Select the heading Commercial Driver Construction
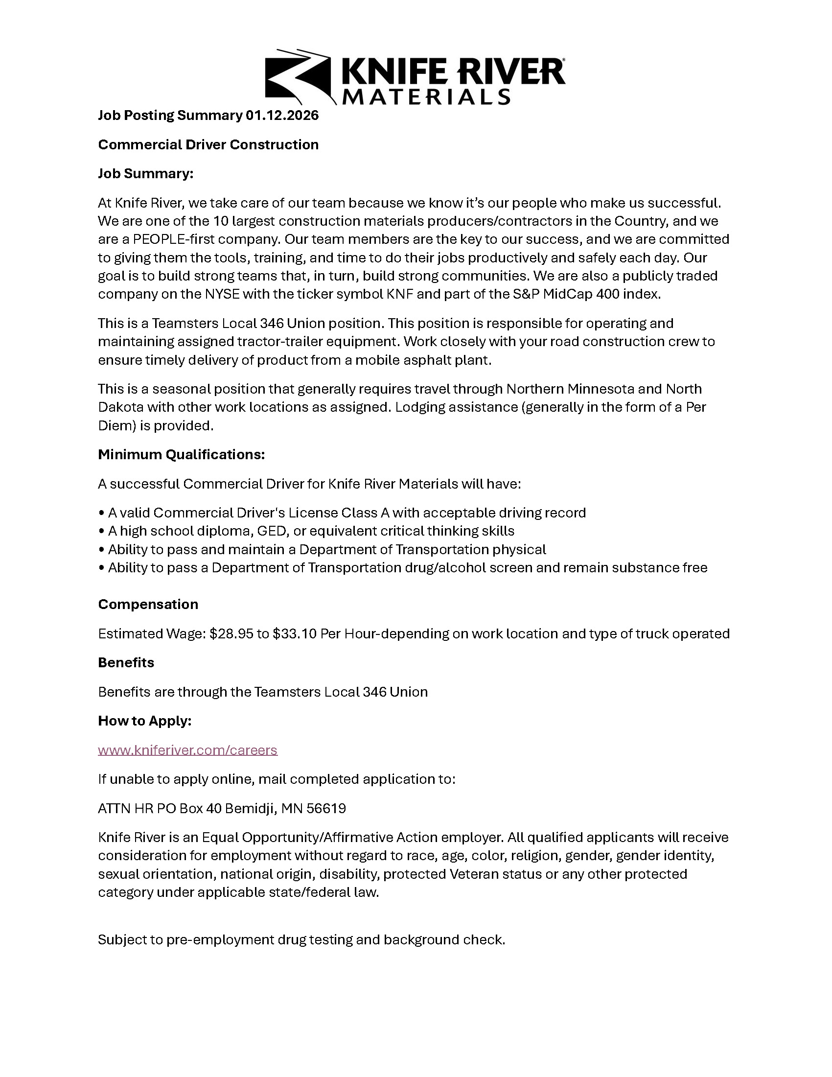[208, 144]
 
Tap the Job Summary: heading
[145, 174]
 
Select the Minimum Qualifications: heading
[182, 454]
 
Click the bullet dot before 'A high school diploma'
[101, 532]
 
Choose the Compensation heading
[148, 605]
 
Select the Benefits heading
[126, 663]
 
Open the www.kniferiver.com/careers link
[187, 750]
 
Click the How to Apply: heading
[144, 721]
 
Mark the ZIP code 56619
[326, 809]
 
